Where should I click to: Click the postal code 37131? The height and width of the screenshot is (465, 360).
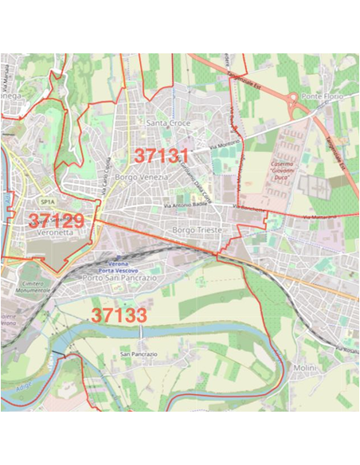tap(162, 155)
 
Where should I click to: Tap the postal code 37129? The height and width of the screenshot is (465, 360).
tap(57, 221)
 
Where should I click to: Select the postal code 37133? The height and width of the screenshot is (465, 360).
tap(119, 315)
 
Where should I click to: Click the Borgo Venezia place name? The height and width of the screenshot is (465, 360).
tap(142, 177)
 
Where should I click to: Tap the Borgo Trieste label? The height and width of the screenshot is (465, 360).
tap(195, 229)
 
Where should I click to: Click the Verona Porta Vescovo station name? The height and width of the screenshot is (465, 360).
tap(119, 264)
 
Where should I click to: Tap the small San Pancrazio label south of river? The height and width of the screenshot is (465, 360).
tap(136, 353)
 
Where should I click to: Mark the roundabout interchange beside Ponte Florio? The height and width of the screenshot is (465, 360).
tap(295, 104)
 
